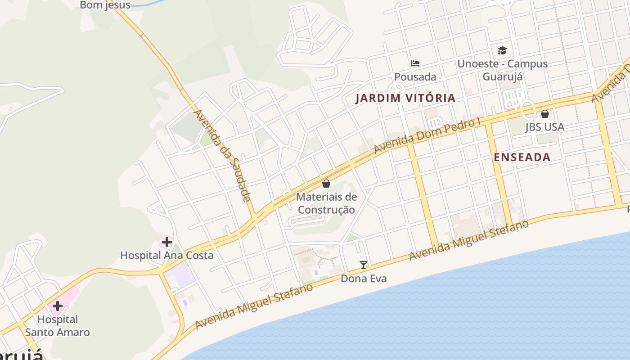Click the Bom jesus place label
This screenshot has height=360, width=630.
click(105, 5)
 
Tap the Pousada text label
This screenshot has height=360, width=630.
click(415, 77)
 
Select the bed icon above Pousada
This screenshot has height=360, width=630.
click(415, 63)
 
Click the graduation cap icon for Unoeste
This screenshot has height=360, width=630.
click(502, 50)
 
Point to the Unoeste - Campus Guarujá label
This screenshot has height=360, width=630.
click(502, 70)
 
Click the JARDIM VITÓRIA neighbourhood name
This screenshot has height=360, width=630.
click(405, 98)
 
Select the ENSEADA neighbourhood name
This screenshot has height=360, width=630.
click(522, 157)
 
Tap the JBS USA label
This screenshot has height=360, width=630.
click(544, 127)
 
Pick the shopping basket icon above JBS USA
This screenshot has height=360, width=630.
click(545, 114)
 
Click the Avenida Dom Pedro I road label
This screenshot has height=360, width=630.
click(427, 135)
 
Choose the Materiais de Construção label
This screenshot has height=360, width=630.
click(326, 203)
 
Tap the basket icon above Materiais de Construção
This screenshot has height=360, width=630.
click(326, 184)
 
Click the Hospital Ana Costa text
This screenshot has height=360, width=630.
click(166, 256)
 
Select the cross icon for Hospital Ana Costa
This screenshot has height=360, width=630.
click(167, 242)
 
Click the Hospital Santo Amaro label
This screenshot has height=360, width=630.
click(57, 326)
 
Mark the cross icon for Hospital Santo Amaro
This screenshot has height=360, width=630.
click(57, 306)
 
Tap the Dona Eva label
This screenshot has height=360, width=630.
click(364, 279)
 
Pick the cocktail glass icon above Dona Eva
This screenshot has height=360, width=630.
click(364, 265)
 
